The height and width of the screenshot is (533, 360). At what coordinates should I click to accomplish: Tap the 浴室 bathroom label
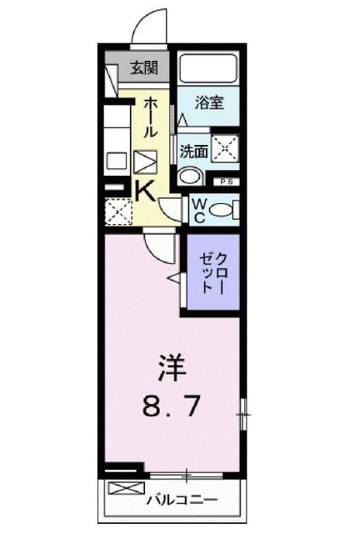pyautogui.click(x=207, y=103)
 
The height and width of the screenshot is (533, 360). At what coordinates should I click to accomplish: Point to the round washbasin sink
pyautogui.click(x=191, y=177)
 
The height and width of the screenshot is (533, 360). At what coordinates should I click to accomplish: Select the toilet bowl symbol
pyautogui.click(x=222, y=210)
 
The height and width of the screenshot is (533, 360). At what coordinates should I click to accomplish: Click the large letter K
pyautogui.click(x=144, y=191)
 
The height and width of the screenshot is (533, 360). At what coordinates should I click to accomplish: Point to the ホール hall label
pyautogui.click(x=151, y=117)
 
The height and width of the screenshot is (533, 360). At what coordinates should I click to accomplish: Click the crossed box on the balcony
pyautogui.click(x=122, y=489)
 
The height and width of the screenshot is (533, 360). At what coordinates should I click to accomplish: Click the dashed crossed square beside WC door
pyautogui.click(x=118, y=211)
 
